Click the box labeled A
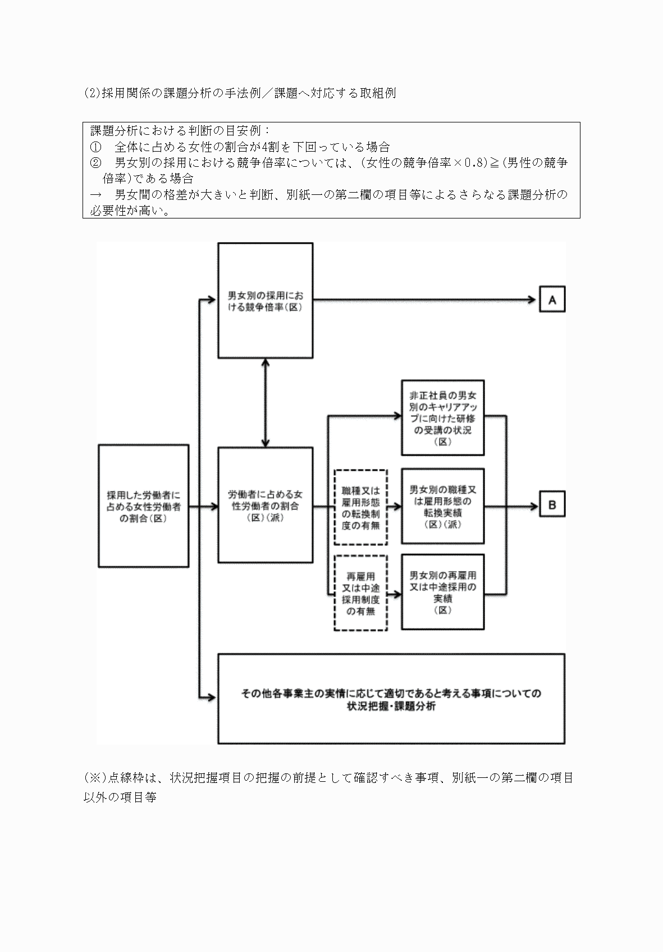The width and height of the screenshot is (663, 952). click(552, 300)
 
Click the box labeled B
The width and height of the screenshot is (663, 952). click(552, 505)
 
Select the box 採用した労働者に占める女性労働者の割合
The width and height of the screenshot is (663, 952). click(143, 505)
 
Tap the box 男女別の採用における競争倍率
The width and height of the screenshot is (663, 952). click(265, 300)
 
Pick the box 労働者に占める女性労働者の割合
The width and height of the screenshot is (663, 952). click(265, 505)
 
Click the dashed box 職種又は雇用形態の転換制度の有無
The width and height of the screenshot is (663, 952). click(360, 507)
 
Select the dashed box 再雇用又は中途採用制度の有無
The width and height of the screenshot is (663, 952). click(360, 593)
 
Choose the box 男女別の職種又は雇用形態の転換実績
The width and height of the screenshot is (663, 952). click(443, 506)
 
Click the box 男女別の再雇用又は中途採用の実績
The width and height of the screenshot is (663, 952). click(443, 593)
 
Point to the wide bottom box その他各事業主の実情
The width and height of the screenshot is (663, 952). click(391, 699)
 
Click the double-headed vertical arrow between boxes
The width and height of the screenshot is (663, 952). click(265, 402)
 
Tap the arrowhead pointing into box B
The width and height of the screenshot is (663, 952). click(532, 505)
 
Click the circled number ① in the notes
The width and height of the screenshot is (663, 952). click(95, 148)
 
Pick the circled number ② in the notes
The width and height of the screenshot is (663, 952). click(95, 163)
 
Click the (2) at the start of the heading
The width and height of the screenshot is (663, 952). click(92, 93)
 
